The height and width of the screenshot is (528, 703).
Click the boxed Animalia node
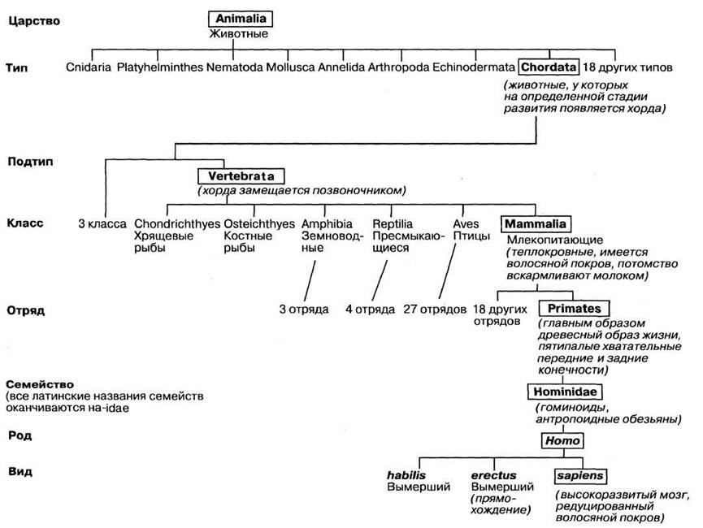click(241, 19)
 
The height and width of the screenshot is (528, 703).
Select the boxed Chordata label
click(549, 67)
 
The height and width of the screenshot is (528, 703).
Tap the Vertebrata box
click(241, 175)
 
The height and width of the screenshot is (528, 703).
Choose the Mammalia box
click(536, 223)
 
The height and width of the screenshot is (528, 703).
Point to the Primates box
click(574, 309)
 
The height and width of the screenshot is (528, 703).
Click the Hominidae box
click(565, 392)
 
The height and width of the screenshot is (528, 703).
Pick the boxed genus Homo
click(562, 440)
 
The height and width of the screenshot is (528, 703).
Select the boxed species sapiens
click(580, 475)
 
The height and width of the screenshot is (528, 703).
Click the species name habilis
click(406, 475)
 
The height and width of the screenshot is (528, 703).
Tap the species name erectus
click(493, 475)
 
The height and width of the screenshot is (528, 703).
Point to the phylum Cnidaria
click(89, 67)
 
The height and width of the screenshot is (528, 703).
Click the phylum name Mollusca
click(290, 67)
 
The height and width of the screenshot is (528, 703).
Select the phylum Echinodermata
click(474, 67)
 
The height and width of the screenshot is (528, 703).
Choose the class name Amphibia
click(327, 223)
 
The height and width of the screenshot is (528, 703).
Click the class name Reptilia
click(393, 223)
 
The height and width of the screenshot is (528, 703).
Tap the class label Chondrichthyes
click(177, 223)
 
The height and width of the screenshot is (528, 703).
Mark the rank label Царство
click(34, 21)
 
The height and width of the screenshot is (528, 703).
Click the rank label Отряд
click(26, 310)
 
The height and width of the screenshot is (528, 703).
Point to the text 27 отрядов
click(435, 309)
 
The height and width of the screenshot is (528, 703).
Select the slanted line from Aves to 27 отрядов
click(448, 271)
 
